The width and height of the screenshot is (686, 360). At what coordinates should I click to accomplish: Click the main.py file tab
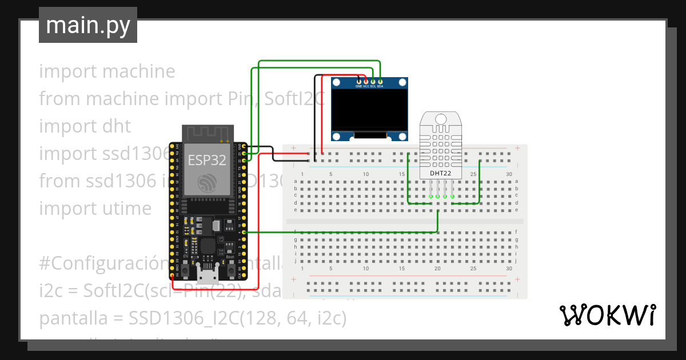[88, 25]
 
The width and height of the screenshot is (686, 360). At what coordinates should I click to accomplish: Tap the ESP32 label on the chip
[208, 159]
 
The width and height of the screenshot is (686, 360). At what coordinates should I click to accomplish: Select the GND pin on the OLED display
[358, 82]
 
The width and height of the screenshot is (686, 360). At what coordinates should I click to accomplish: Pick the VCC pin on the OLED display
[366, 82]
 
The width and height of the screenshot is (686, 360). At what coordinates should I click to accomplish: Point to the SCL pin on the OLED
[373, 82]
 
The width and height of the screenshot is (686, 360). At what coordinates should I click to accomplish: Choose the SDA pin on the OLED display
[380, 82]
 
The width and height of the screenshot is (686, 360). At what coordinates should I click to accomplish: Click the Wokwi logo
[607, 315]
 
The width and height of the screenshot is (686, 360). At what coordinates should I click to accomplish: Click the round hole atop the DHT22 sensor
[440, 119]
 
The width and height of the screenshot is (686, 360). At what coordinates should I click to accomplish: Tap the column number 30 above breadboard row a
[509, 174]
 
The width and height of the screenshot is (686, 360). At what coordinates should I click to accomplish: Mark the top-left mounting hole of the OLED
[337, 83]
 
